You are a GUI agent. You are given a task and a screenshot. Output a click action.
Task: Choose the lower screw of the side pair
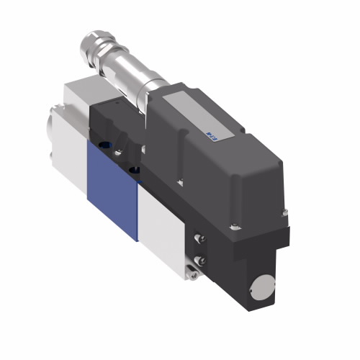(x=201, y=261)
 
